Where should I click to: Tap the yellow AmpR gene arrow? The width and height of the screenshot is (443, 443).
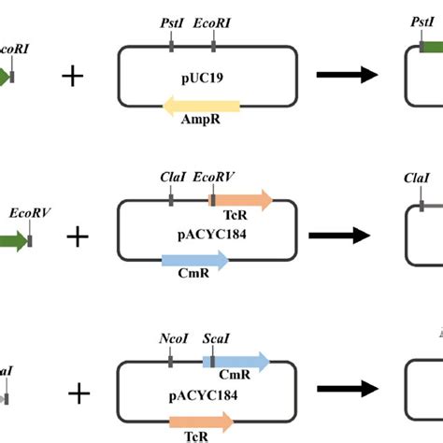202,107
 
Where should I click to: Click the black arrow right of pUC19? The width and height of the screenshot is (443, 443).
350,77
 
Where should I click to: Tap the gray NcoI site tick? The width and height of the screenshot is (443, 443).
170,362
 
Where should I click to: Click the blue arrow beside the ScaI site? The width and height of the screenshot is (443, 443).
242,362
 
